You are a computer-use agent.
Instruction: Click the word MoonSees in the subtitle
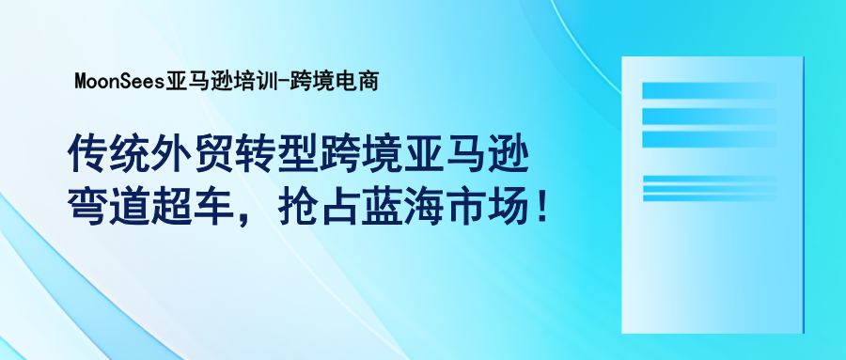point(118,81)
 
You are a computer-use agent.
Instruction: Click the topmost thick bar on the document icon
point(710,91)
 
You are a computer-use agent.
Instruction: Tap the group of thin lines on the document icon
point(710,188)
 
